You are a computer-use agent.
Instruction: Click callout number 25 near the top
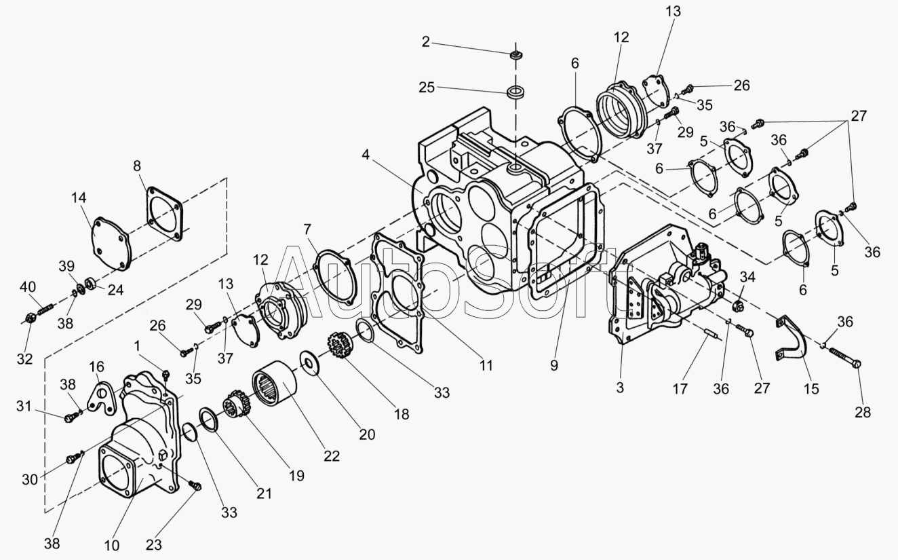pyautogui.click(x=427, y=87)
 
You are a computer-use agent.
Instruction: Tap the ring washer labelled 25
pyautogui.click(x=516, y=92)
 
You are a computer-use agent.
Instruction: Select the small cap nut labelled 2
pyautogui.click(x=515, y=55)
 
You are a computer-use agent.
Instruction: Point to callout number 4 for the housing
pyautogui.click(x=365, y=155)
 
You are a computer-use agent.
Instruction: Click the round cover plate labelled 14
pyautogui.click(x=112, y=243)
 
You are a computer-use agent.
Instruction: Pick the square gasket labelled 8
pyautogui.click(x=164, y=214)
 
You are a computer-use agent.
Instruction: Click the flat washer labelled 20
pyautogui.click(x=309, y=363)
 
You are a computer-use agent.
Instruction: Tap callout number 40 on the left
pyautogui.click(x=28, y=287)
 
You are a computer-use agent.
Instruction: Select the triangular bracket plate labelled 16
pyautogui.click(x=102, y=400)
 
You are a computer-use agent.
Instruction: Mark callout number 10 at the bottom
pyautogui.click(x=112, y=545)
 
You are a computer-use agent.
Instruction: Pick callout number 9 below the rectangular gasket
pyautogui.click(x=554, y=365)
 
